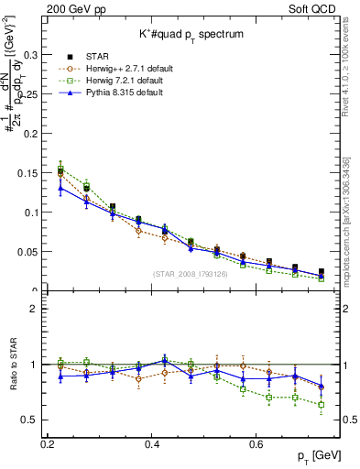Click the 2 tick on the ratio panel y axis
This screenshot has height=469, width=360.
tap(38, 309)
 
